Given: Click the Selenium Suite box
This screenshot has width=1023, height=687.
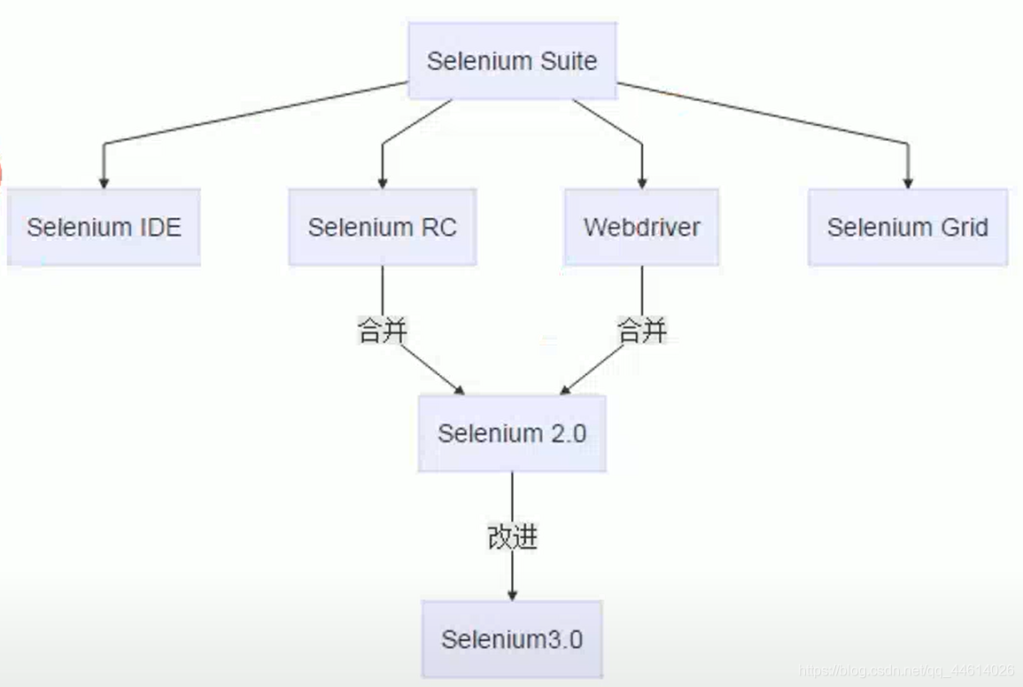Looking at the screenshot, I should [x=512, y=61].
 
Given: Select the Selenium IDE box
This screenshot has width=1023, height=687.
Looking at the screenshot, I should [x=104, y=227].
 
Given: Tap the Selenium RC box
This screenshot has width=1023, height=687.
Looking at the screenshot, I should [x=382, y=227].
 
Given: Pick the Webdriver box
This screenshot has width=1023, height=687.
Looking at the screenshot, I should [x=641, y=227].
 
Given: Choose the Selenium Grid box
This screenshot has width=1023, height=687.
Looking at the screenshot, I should [x=907, y=227].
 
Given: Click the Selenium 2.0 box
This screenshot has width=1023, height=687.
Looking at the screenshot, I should [x=512, y=433].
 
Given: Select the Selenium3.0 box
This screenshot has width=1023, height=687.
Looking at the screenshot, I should [x=512, y=639].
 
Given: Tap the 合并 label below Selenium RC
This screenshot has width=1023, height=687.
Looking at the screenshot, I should [x=383, y=332].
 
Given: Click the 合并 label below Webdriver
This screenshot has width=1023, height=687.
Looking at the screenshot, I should [x=642, y=332].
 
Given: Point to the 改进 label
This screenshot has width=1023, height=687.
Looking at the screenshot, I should [x=512, y=537].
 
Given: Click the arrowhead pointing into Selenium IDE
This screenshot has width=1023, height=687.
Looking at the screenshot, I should [x=104, y=182].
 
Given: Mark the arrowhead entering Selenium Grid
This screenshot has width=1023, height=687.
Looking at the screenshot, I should [x=907, y=182].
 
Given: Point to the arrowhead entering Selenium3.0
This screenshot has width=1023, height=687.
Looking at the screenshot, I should [x=512, y=595].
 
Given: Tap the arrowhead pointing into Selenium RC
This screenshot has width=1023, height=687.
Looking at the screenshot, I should [x=383, y=182].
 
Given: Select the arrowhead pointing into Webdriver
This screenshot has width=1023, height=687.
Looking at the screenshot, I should [x=642, y=182].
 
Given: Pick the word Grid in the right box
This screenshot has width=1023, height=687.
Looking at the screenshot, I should [x=965, y=227].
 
